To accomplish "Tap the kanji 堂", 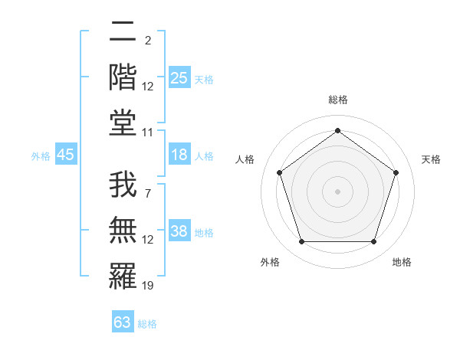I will click(x=123, y=122).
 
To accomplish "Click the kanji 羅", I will click(x=123, y=276).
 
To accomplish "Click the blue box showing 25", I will click(x=179, y=77).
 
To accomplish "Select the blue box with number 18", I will click(x=179, y=155).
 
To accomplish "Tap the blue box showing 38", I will click(x=179, y=231).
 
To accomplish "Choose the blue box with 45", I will click(x=66, y=155).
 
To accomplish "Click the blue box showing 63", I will click(x=123, y=322).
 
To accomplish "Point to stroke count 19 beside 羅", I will click(x=148, y=286).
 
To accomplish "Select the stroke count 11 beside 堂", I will click(x=148, y=133).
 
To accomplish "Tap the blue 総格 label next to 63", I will click(x=147, y=324).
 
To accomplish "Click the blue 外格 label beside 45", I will click(x=41, y=156).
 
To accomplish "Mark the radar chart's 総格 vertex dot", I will click(x=337, y=130).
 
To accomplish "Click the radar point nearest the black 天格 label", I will click(x=396, y=172).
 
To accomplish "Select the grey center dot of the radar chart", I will click(x=337, y=191).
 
